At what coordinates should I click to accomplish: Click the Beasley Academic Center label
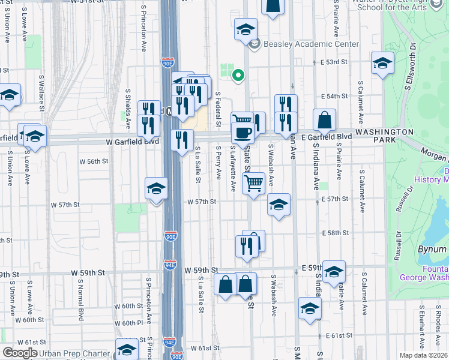tap(312, 44)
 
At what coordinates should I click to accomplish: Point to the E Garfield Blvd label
tap(327, 137)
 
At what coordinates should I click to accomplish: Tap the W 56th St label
tap(94, 161)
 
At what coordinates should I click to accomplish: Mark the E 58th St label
tap(335, 233)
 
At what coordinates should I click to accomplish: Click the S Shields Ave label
tap(128, 109)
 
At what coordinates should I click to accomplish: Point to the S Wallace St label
tap(42, 92)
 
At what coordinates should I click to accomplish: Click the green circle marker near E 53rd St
tap(238, 75)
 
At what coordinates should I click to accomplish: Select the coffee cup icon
tap(243, 132)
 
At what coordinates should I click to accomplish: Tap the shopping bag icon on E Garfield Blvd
tap(324, 120)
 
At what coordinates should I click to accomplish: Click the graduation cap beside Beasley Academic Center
tap(245, 29)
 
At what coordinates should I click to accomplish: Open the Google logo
tap(19, 353)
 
